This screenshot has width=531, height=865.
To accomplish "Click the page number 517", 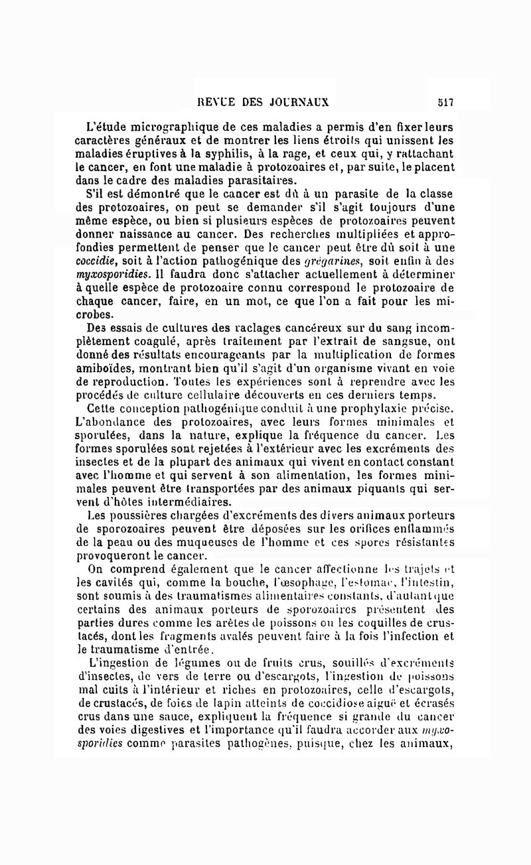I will (445, 102).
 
